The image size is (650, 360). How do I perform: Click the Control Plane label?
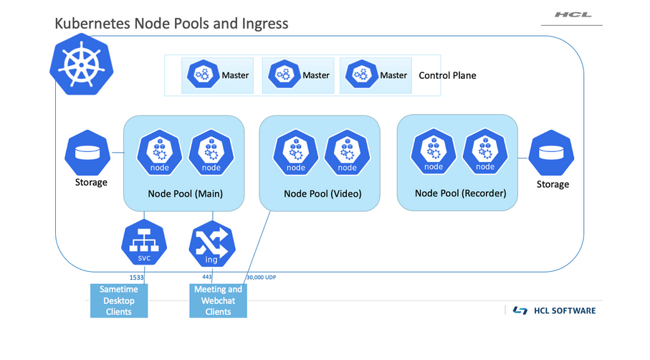click(447, 75)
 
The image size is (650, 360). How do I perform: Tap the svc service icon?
click(144, 245)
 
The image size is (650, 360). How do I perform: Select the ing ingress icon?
click(211, 245)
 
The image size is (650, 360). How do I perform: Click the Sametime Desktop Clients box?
click(119, 300)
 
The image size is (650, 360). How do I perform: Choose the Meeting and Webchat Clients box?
click(219, 300)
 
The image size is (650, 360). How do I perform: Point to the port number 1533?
click(136, 277)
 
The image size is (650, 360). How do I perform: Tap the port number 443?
click(208, 276)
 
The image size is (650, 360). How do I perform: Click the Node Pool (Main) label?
click(185, 194)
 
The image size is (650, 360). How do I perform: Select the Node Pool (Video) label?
click(322, 194)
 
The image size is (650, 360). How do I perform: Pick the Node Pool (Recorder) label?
click(461, 193)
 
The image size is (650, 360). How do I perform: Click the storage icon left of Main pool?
click(88, 153)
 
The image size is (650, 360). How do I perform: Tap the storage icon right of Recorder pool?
click(552, 155)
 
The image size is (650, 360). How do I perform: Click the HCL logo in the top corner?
click(573, 14)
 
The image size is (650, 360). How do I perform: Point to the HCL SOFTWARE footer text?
click(564, 311)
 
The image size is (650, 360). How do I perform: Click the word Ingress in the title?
click(265, 24)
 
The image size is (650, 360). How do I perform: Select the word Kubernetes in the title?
click(92, 24)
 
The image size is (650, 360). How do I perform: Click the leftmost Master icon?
click(204, 75)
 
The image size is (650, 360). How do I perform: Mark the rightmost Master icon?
click(361, 75)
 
